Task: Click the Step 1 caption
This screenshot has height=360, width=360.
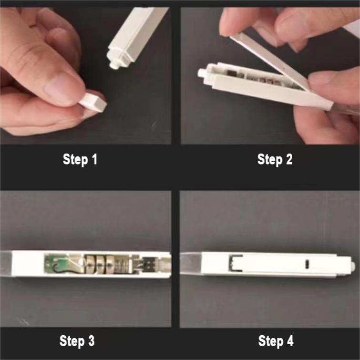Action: (80, 159)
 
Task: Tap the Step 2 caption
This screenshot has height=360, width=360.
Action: (275, 159)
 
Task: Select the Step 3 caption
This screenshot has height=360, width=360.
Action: (77, 341)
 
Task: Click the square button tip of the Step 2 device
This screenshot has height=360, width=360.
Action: (202, 73)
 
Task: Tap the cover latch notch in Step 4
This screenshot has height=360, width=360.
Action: (234, 262)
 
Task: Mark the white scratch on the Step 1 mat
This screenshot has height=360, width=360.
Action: (154, 125)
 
